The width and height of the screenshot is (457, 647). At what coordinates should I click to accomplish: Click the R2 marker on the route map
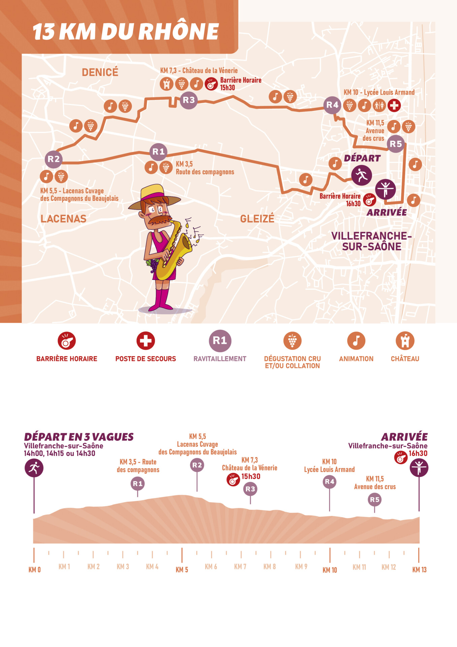click(x=54, y=159)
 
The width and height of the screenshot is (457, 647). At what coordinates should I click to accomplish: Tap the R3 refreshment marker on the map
click(x=189, y=100)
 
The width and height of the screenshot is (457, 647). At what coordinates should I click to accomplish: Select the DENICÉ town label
click(x=100, y=72)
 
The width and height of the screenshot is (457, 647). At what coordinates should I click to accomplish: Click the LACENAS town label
click(x=63, y=219)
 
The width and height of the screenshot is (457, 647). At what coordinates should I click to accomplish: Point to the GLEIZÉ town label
click(x=257, y=219)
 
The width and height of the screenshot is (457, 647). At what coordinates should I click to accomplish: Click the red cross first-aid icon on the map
click(x=394, y=105)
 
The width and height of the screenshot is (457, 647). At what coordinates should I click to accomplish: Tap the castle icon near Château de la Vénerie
click(x=166, y=84)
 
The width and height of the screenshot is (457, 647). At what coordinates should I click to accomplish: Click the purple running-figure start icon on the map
click(x=361, y=175)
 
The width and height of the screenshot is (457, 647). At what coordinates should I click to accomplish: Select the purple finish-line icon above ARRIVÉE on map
click(x=385, y=189)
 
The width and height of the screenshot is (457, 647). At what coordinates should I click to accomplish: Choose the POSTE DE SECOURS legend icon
click(x=145, y=341)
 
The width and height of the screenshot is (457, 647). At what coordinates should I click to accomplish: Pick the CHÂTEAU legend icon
click(x=405, y=341)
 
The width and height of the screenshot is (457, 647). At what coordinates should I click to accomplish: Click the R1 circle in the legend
click(x=220, y=341)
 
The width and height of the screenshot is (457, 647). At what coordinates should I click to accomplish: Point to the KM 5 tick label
click(x=182, y=569)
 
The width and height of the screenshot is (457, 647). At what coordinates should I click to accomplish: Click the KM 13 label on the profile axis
click(x=419, y=569)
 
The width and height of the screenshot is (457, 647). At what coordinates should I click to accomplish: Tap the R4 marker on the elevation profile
click(x=329, y=482)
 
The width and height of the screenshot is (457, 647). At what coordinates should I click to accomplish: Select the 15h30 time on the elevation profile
click(x=251, y=476)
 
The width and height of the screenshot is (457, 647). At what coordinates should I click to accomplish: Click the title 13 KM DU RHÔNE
click(x=126, y=32)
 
